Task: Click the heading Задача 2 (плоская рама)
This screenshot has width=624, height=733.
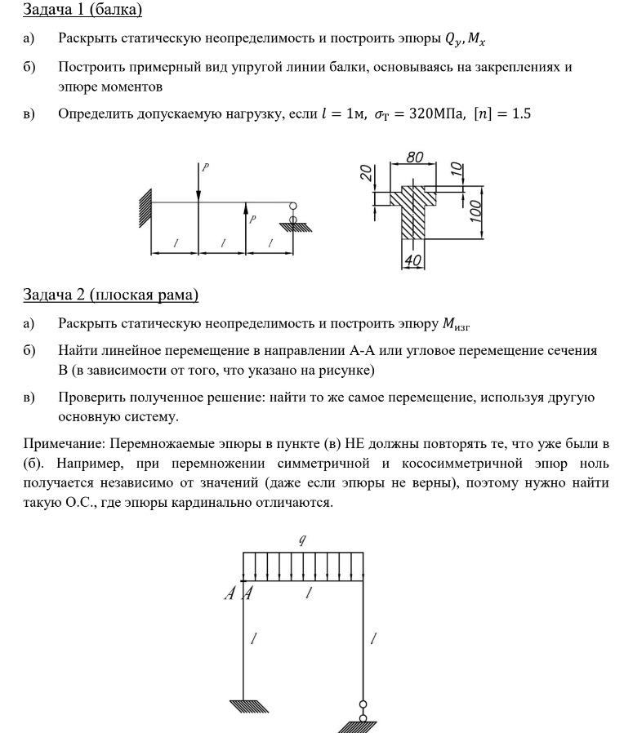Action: tap(111, 294)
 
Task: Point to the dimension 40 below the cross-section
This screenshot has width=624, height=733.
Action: tap(412, 260)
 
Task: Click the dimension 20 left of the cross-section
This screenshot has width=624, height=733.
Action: tap(368, 173)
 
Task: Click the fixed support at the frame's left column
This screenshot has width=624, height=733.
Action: tap(244, 704)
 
